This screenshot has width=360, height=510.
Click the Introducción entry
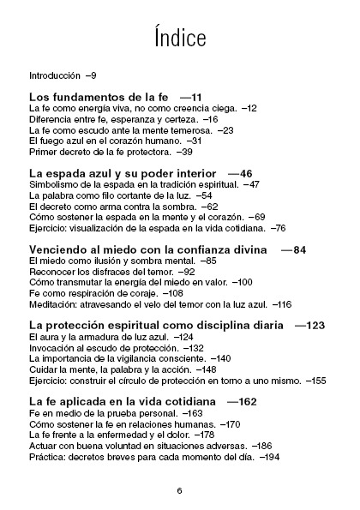[x=55, y=75]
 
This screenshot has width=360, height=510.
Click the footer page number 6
[x=180, y=490]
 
